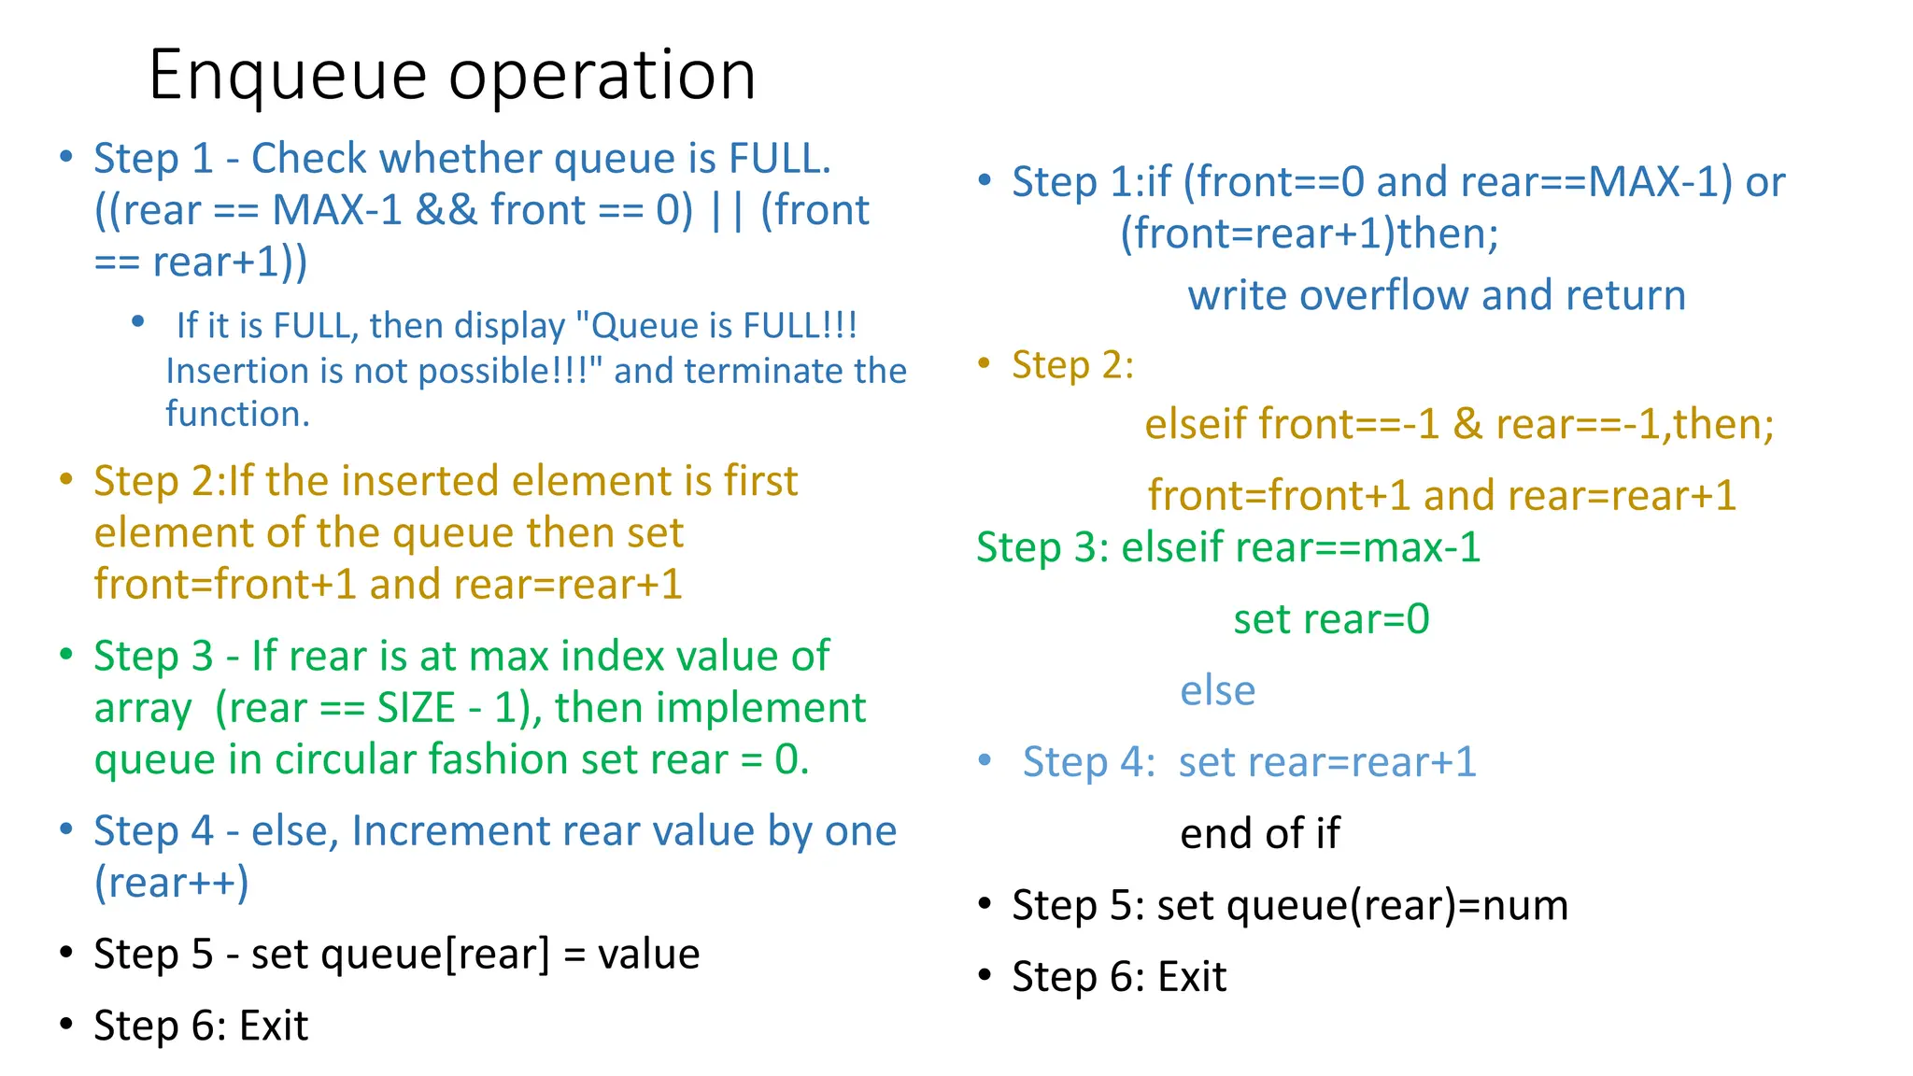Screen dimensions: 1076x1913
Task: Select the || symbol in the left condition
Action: point(726,210)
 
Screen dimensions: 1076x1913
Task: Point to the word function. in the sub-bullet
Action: point(237,414)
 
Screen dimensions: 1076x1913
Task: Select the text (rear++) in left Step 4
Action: point(172,883)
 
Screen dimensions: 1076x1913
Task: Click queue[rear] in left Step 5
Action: point(401,955)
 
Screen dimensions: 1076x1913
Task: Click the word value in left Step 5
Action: point(648,955)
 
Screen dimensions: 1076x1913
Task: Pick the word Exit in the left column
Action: point(274,1026)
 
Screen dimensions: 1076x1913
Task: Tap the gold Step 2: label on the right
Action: point(1072,365)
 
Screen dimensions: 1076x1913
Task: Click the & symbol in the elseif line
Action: point(1467,425)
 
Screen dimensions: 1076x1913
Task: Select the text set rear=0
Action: point(1331,619)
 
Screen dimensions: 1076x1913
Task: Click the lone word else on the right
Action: point(1217,691)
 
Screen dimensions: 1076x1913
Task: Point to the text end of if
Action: point(1259,834)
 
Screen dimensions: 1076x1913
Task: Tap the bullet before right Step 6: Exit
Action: point(985,977)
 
